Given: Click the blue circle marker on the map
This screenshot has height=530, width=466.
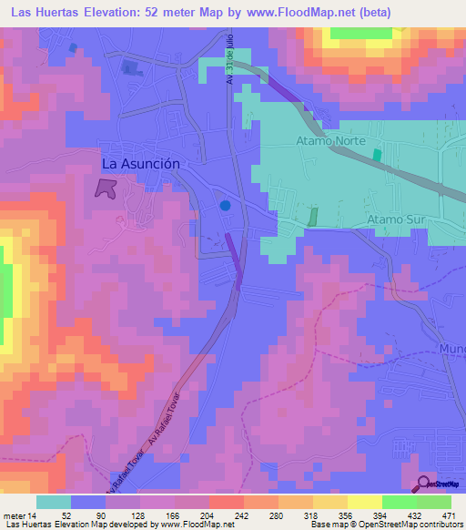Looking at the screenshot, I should click(x=225, y=206).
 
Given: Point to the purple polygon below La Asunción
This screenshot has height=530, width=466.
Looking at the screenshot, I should click(x=106, y=189).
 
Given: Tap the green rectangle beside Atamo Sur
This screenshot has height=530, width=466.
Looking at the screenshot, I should click(x=313, y=218).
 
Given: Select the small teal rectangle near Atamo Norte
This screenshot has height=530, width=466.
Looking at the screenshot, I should click(x=377, y=156).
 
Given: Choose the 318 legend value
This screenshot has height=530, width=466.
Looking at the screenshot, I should click(x=312, y=515).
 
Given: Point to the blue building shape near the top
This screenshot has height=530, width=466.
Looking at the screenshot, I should click(x=133, y=66).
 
